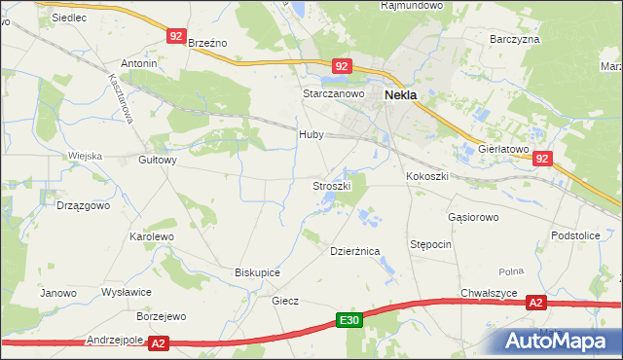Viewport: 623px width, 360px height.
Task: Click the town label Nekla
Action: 402,95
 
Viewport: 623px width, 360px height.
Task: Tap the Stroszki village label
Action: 331,185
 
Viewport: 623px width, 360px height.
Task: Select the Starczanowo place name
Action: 333,93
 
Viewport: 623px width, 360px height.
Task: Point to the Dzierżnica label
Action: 354,251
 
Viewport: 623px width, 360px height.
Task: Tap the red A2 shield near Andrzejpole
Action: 160,342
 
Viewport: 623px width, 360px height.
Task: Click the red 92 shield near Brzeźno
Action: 175,36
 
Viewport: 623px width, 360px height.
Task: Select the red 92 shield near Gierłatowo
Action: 542,159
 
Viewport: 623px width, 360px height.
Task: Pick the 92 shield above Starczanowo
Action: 341,66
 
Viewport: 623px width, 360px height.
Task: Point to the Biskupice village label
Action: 258,272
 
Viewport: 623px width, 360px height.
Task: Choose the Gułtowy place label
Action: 158,161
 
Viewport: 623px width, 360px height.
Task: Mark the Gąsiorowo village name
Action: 473,217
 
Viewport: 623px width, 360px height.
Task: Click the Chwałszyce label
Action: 489,293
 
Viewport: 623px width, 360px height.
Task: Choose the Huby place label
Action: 311,135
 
